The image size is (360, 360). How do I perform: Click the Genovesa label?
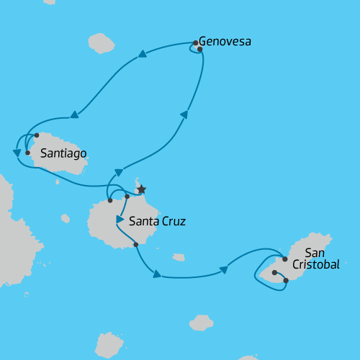[225, 42]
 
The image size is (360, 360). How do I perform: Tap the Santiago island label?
[64, 153]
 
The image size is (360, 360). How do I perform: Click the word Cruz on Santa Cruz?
[173, 221]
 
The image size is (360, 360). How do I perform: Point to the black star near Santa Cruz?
[142, 189]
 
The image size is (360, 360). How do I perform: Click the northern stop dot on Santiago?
[36, 135]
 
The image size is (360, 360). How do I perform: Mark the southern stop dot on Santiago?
[27, 153]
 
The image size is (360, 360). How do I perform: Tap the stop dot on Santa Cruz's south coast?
[136, 245]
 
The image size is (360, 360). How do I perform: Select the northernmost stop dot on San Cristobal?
[285, 258]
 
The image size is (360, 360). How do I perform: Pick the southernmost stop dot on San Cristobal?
[286, 280]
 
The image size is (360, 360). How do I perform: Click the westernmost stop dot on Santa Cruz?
[109, 200]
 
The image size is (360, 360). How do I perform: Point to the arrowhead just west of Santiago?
[17, 153]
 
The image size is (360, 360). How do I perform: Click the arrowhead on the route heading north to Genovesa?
[184, 114]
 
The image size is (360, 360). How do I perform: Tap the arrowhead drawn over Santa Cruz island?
[120, 219]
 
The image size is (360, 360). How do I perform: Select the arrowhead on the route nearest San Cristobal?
[223, 270]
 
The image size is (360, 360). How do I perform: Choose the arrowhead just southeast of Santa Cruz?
[156, 274]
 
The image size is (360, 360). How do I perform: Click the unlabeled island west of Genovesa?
[101, 43]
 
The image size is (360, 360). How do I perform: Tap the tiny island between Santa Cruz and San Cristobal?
[178, 256]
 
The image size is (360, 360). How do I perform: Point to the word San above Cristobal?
[315, 253]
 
